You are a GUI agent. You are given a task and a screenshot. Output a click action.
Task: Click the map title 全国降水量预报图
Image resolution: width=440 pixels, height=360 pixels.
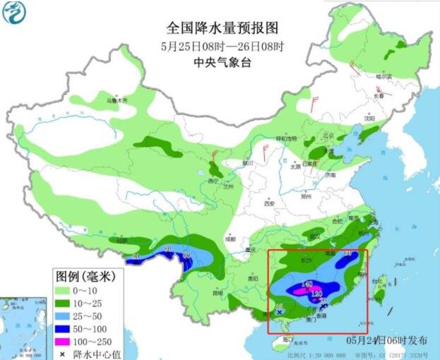(222, 29)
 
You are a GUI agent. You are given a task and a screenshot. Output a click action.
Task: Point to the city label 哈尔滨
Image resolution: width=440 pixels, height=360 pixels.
(383, 76)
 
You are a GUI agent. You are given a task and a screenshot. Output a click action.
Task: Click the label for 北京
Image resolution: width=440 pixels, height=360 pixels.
(327, 136)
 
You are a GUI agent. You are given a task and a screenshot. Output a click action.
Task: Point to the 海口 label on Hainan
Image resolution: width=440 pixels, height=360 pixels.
(286, 340)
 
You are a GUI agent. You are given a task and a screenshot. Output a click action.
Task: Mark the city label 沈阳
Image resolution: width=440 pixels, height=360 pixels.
(369, 119)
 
